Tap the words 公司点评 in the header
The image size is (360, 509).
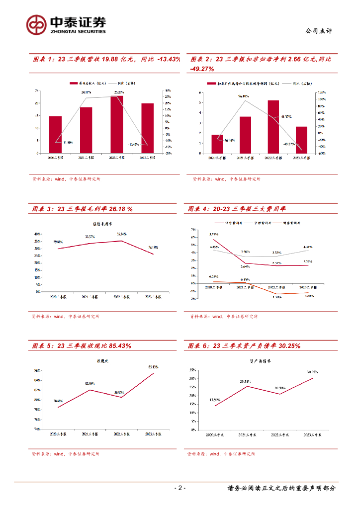pyautogui.click(x=318, y=31)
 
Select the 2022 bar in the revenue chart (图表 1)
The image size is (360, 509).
pyautogui.click(x=117, y=124)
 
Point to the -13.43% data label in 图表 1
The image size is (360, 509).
pyautogui.click(x=133, y=144)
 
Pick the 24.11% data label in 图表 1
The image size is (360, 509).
pyautogui.click(x=87, y=92)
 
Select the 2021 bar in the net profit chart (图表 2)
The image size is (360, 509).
pyautogui.click(x=245, y=135)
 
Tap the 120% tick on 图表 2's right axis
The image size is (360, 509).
pyautogui.click(x=322, y=92)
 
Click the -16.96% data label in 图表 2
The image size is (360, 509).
pyautogui.click(x=229, y=141)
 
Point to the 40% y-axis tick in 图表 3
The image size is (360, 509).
pyautogui.click(x=37, y=234)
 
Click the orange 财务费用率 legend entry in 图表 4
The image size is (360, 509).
pyautogui.click(x=291, y=223)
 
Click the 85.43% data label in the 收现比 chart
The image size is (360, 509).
pyautogui.click(x=153, y=367)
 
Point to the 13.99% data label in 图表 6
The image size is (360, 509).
pyautogui.click(x=215, y=400)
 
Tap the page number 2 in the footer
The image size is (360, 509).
pyautogui.click(x=180, y=488)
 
